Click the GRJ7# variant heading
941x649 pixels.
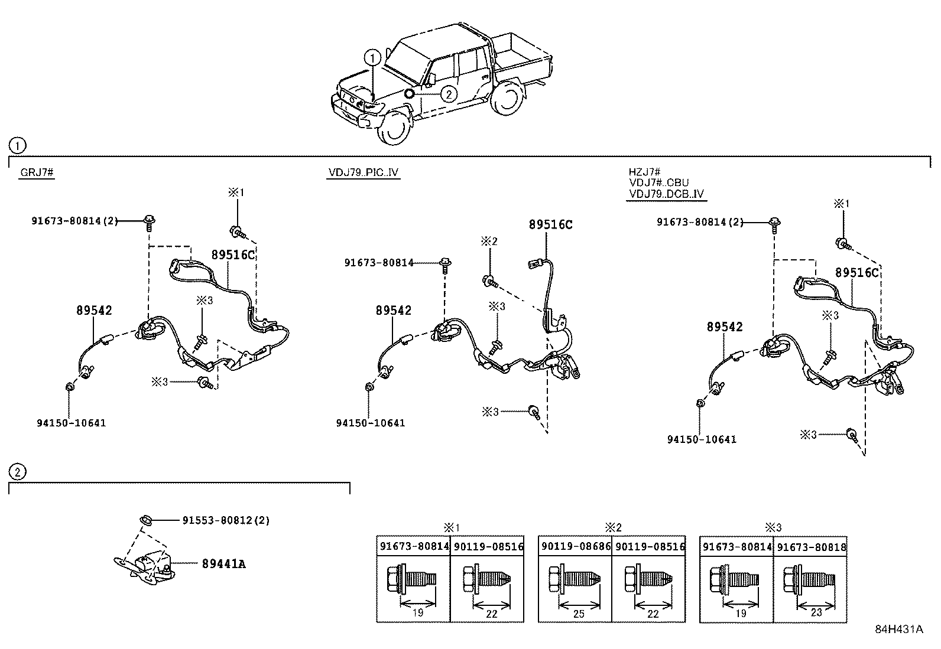(x=37, y=172)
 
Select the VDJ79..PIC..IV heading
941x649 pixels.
(x=364, y=172)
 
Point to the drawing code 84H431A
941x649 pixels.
(x=898, y=629)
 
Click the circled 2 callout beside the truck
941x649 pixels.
(x=449, y=94)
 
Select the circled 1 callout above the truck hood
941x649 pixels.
(x=372, y=58)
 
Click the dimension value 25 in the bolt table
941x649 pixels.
(x=579, y=614)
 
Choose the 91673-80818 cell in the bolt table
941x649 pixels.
(x=811, y=547)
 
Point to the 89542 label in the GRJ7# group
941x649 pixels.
(x=94, y=311)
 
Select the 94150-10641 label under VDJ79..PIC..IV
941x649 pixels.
(x=371, y=423)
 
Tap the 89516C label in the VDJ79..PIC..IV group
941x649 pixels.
(x=550, y=224)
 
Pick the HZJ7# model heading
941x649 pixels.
(x=645, y=172)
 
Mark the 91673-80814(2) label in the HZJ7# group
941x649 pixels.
(x=700, y=222)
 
